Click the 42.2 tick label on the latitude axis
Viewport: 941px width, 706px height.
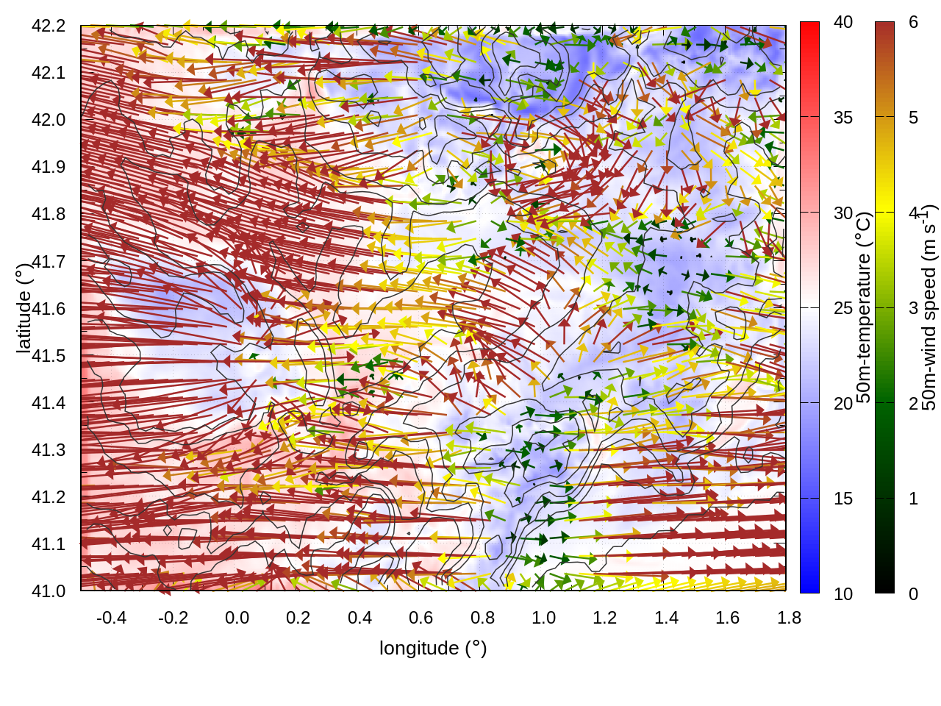[x=49, y=26]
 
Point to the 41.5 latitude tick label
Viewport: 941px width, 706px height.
[x=49, y=356]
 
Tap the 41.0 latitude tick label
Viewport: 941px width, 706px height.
[x=49, y=591]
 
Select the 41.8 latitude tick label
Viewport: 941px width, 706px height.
[x=49, y=214]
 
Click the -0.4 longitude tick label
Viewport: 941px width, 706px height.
[x=111, y=618]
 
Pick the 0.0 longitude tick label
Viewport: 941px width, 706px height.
[x=237, y=618]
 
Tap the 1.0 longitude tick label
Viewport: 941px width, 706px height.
[x=543, y=618]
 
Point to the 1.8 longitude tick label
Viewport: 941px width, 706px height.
[x=789, y=618]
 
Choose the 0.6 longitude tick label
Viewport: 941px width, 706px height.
[x=421, y=618]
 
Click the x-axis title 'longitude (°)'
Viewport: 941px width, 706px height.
[x=433, y=648]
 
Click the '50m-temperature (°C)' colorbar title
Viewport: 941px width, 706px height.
[x=865, y=307]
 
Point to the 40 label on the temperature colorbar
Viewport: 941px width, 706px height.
[x=843, y=23]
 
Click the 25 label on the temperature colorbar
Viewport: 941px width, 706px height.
[x=843, y=308]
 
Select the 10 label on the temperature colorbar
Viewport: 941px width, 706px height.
[x=843, y=594]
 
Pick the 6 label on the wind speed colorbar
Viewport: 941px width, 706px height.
[x=913, y=23]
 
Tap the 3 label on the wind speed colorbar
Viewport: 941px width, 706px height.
[x=913, y=308]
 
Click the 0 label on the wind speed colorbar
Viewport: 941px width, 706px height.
[x=913, y=594]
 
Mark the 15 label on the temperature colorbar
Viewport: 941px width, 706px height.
[x=843, y=499]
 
